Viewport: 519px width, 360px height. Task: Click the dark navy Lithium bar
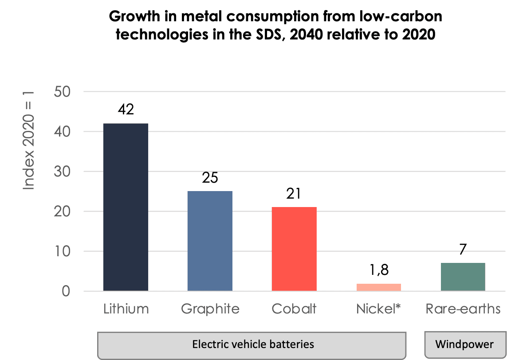(x=126, y=207)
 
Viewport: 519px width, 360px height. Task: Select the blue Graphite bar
(x=210, y=241)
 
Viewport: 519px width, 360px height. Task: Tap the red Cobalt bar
(x=294, y=249)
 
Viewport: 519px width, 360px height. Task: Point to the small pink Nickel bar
(x=378, y=287)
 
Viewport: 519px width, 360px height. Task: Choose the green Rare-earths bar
(x=463, y=277)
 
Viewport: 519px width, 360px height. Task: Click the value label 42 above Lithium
(x=126, y=110)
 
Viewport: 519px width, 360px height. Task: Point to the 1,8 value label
(x=378, y=270)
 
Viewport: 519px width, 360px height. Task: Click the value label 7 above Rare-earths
(x=463, y=249)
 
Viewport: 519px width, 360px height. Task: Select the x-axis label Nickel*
(x=378, y=309)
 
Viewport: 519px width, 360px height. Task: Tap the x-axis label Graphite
(x=210, y=309)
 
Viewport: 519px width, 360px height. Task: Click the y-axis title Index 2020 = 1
(x=28, y=139)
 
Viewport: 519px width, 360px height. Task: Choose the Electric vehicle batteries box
(x=252, y=344)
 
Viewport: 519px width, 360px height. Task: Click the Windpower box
(x=464, y=344)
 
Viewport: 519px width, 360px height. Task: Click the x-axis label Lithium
(x=126, y=309)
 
